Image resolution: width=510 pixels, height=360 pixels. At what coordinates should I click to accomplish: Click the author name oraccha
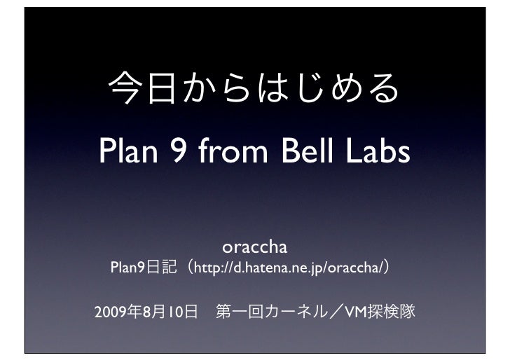[x=255, y=249]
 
